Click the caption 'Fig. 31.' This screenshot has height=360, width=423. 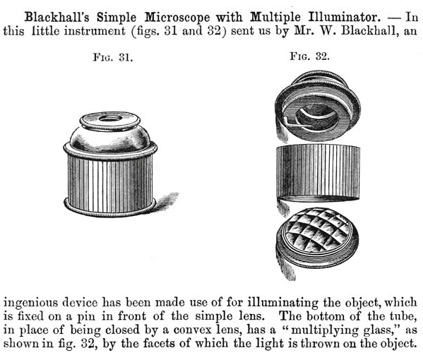tap(113, 57)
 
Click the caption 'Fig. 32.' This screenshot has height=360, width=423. tap(310, 56)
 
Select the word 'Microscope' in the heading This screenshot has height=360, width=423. tap(177, 18)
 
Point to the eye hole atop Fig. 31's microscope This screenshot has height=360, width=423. tap(110, 118)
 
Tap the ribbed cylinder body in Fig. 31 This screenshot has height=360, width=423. tap(110, 184)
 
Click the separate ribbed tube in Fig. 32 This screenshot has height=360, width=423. tap(318, 173)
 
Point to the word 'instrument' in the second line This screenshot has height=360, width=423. tap(95, 30)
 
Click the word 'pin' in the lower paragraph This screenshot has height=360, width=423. tap(86, 316)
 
